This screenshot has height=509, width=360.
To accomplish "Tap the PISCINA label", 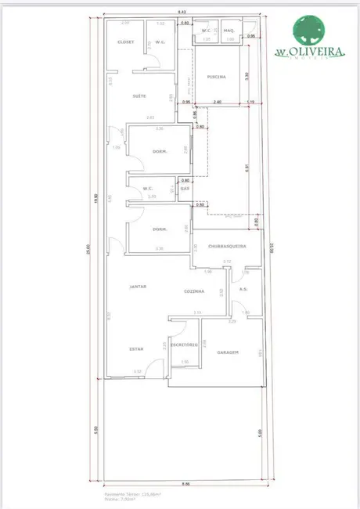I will [217, 77].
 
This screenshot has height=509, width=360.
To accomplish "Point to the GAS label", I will [185, 189].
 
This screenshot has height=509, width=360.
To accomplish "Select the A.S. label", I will [243, 289].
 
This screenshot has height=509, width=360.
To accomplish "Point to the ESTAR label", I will [136, 349].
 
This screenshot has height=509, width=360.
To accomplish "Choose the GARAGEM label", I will [227, 352].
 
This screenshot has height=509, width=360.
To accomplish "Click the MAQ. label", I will [229, 31].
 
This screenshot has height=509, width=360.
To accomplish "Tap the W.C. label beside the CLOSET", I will [160, 42].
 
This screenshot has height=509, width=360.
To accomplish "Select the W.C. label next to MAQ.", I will [207, 31].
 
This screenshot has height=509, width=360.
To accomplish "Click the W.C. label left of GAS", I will [146, 188].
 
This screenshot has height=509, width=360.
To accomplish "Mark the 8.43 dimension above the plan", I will [182, 12].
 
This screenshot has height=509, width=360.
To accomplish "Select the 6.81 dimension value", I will [247, 167].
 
